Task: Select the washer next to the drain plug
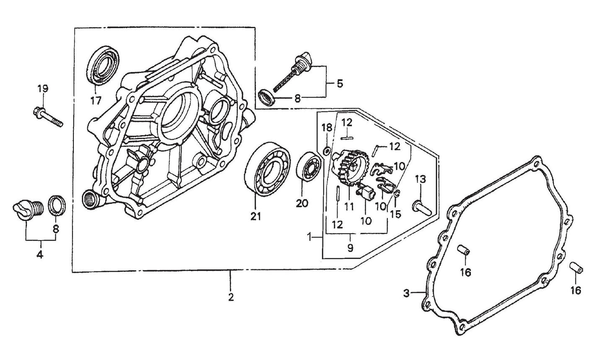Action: (57, 206)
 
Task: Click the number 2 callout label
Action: (230, 297)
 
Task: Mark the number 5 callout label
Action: (339, 83)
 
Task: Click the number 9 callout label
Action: (350, 248)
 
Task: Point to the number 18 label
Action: (327, 127)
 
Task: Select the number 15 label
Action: (395, 214)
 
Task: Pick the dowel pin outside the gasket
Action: (575, 267)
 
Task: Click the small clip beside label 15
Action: (398, 193)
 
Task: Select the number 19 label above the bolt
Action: (43, 89)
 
